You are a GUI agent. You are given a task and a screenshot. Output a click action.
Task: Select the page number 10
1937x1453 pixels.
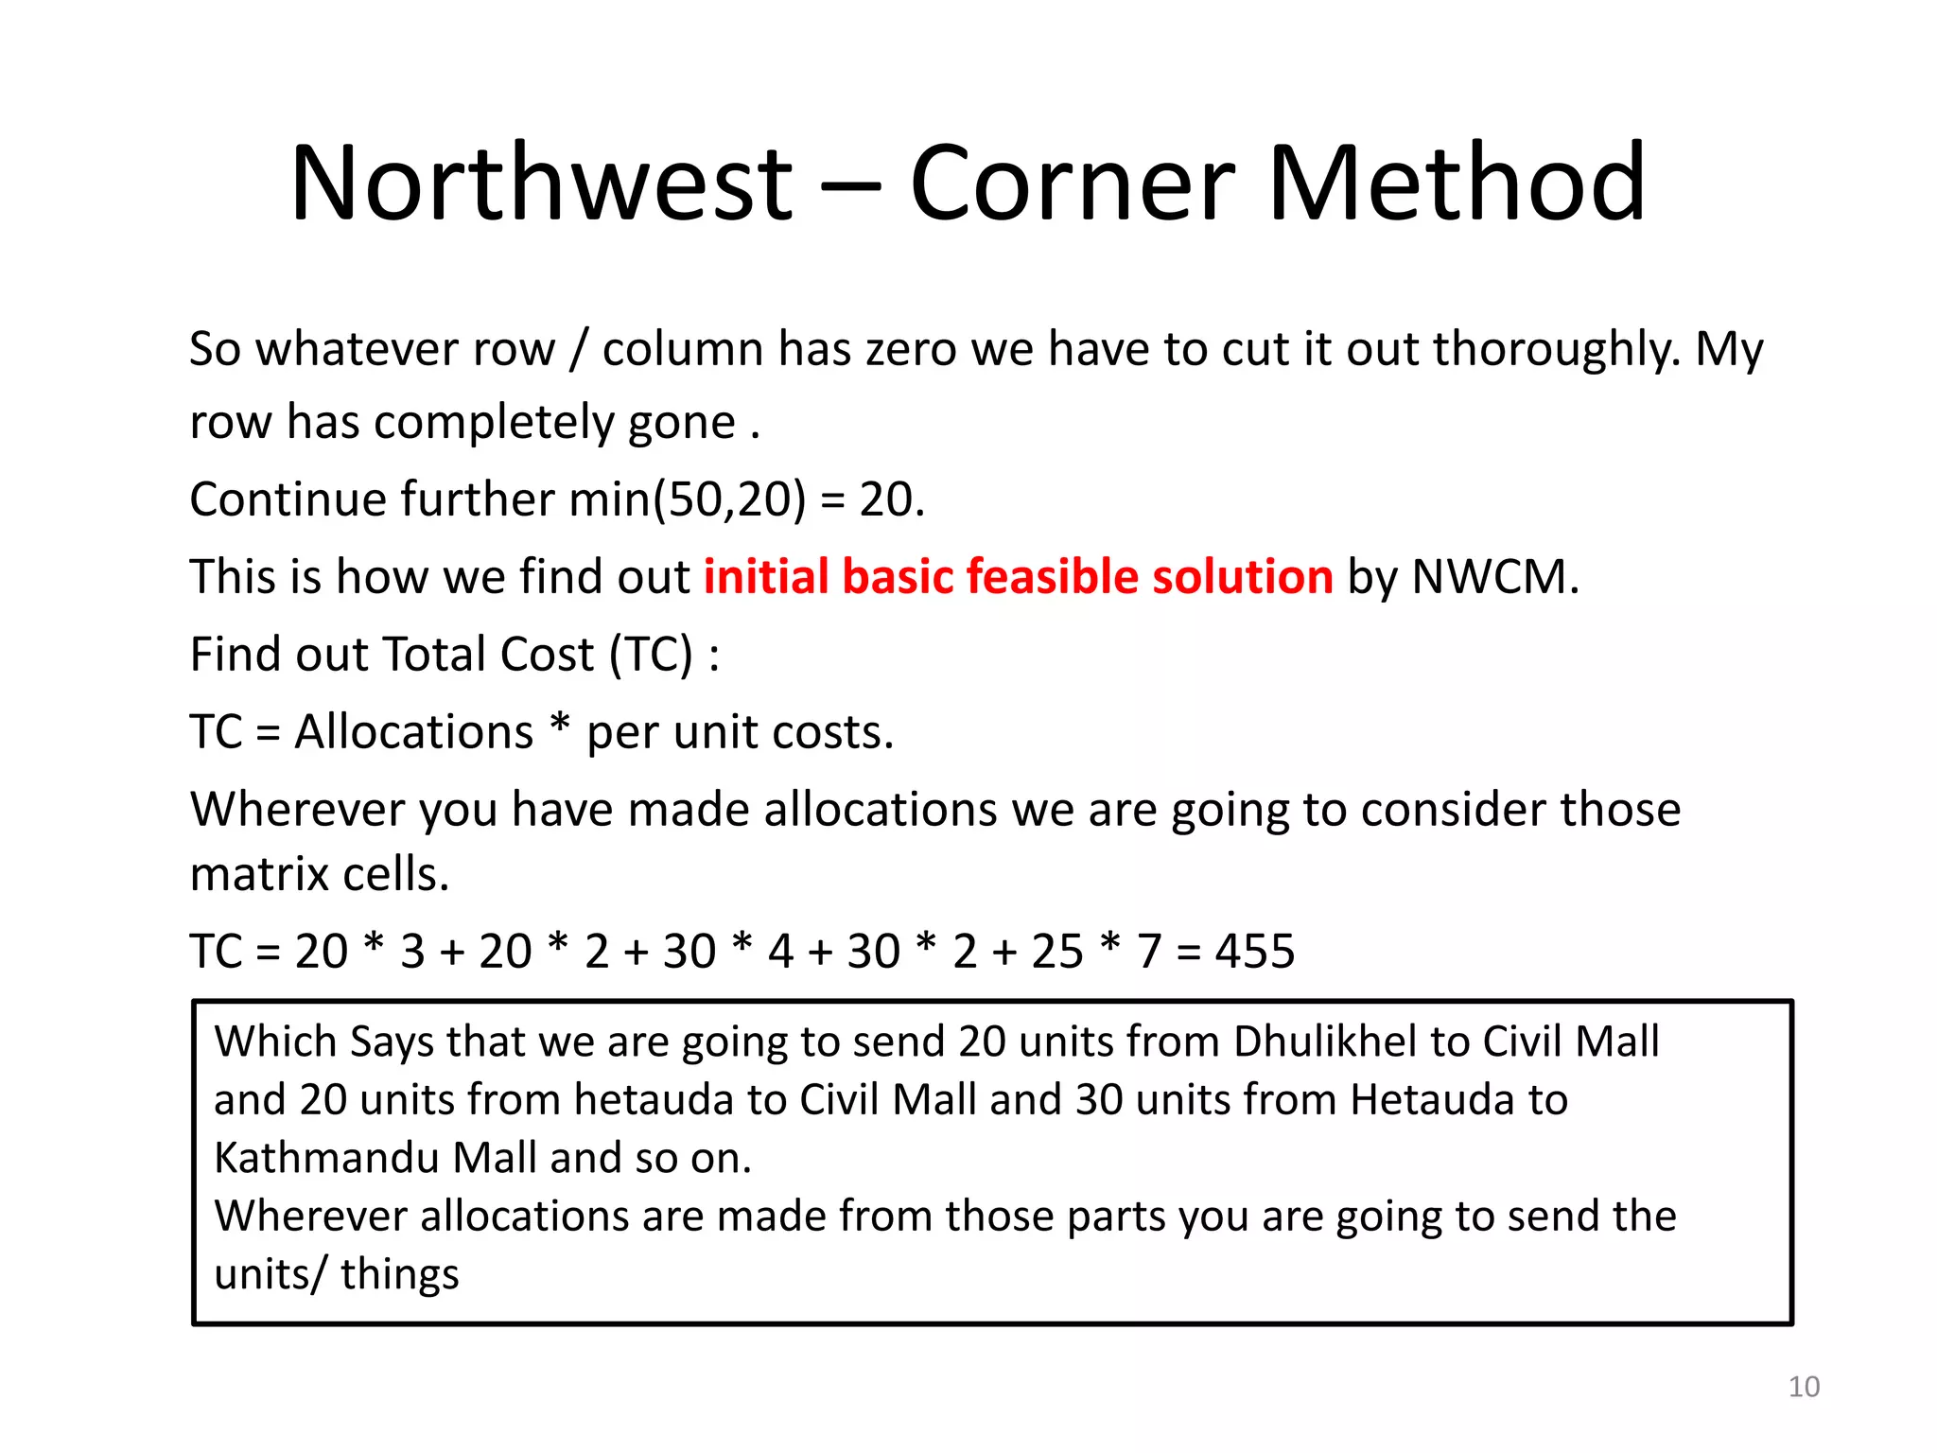[1804, 1387]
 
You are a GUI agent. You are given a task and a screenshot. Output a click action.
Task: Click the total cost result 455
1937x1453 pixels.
[1254, 951]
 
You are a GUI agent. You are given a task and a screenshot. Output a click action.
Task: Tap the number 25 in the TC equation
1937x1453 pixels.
[1057, 951]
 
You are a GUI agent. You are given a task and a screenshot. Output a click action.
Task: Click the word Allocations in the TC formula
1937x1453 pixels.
[414, 732]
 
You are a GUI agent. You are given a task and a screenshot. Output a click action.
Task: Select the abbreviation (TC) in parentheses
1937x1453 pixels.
[651, 655]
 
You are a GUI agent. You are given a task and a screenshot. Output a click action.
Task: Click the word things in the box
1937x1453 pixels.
[400, 1274]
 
